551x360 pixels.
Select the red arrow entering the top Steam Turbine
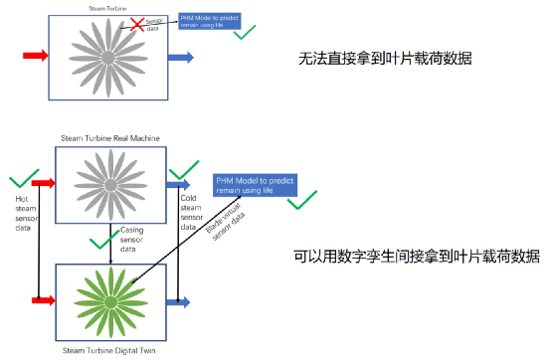[x=33, y=57]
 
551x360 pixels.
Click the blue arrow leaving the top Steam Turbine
[x=180, y=58]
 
